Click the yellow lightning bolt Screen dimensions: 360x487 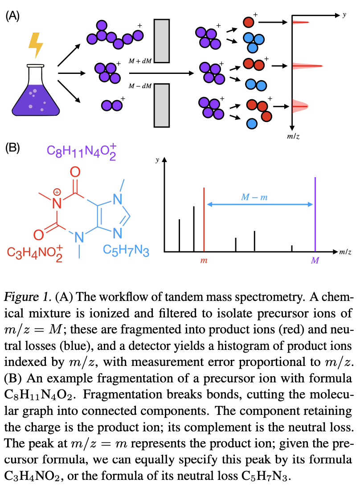[x=36, y=45]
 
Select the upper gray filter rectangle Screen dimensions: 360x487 [x=162, y=41]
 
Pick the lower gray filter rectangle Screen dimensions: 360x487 [x=162, y=106]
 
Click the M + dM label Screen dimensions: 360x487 [x=140, y=61]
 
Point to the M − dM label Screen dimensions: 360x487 [x=140, y=86]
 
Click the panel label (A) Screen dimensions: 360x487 [x=12, y=16]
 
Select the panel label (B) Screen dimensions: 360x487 [x=12, y=148]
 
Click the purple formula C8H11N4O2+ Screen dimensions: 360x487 [x=82, y=151]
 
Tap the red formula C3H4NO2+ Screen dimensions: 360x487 [x=35, y=253]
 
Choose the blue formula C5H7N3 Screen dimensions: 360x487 [x=126, y=251]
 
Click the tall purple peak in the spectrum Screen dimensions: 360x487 [x=315, y=214]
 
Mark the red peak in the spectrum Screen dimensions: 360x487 [x=204, y=219]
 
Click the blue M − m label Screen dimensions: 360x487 [x=254, y=197]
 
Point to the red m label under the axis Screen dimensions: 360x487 [x=204, y=260]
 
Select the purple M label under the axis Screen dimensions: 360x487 [x=315, y=260]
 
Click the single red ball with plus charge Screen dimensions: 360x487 [x=249, y=22]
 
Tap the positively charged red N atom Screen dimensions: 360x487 [x=57, y=203]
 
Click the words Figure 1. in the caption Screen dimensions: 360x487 [x=27, y=297]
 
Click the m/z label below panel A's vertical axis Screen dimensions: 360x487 [x=293, y=136]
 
